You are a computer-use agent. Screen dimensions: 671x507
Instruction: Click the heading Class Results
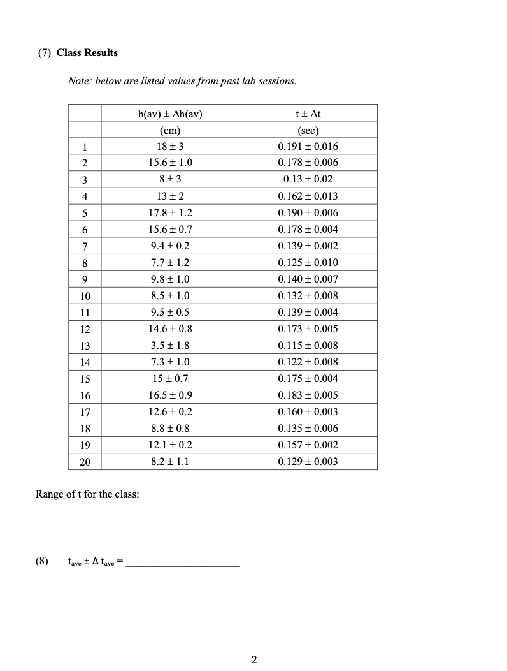pos(87,53)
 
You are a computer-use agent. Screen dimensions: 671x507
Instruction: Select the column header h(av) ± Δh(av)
pos(169,115)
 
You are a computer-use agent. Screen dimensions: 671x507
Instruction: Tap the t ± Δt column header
pos(308,115)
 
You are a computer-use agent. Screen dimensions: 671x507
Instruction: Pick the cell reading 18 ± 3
pos(169,147)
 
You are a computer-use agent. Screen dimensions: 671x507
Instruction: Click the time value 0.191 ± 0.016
pos(308,147)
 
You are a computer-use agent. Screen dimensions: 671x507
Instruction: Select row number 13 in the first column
pos(85,346)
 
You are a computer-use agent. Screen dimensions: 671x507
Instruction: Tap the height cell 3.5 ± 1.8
pos(169,346)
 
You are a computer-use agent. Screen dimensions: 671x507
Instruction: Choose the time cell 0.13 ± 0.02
pos(308,180)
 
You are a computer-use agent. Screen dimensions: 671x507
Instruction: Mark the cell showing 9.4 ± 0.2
pos(169,246)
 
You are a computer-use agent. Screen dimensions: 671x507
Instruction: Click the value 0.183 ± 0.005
pos(308,395)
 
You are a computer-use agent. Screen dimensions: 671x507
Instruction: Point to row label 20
pos(85,462)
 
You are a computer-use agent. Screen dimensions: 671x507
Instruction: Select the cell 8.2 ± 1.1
pos(169,462)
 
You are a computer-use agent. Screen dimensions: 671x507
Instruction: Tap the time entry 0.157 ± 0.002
pos(308,445)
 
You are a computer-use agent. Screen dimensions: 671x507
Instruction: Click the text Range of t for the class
pos(87,495)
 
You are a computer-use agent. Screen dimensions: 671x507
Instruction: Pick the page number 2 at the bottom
pos(253,659)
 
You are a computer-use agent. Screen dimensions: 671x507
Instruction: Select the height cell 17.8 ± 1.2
pos(169,213)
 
